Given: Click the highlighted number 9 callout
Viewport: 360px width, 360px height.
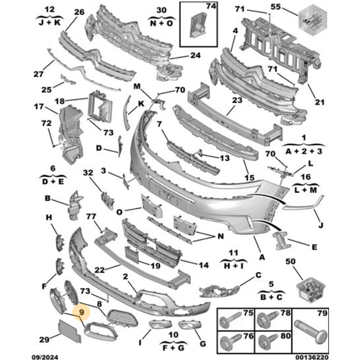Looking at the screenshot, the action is pyautogui.click(x=81, y=312).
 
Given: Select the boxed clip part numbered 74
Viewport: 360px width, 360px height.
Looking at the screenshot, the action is pyautogui.click(x=198, y=25).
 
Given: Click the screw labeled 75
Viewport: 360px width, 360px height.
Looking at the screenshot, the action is pyautogui.click(x=230, y=320).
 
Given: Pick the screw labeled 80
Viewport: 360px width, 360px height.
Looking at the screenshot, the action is pyautogui.click(x=268, y=342).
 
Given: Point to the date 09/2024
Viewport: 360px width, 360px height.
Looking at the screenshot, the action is pyautogui.click(x=45, y=357).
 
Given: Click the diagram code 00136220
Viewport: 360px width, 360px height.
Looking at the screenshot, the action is pyautogui.click(x=312, y=357).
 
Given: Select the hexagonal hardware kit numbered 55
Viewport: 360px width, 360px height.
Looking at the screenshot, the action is pyautogui.click(x=312, y=21).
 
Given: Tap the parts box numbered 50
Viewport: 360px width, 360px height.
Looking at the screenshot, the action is pyautogui.click(x=311, y=289).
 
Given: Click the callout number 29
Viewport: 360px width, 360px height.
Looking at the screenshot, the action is pyautogui.click(x=45, y=339).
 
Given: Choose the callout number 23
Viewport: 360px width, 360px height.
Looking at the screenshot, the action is pyautogui.click(x=237, y=100).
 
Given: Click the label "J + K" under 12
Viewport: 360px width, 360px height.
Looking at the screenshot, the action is pyautogui.click(x=50, y=22).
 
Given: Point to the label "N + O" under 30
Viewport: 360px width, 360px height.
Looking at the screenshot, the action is pyautogui.click(x=161, y=23).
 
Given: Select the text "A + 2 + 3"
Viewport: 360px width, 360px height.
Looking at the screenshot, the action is pyautogui.click(x=304, y=151).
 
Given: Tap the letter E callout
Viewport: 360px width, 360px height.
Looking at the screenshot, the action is pyautogui.click(x=314, y=247).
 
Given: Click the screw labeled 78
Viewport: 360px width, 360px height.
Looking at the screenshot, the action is pyautogui.click(x=266, y=320).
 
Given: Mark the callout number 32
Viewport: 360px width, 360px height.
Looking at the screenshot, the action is pyautogui.click(x=88, y=173).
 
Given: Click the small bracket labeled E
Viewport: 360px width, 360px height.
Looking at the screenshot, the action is pyautogui.click(x=281, y=240).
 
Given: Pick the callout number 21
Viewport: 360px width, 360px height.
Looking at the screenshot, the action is pyautogui.click(x=320, y=102).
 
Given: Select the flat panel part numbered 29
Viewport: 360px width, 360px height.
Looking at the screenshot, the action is pyautogui.click(x=70, y=331).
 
